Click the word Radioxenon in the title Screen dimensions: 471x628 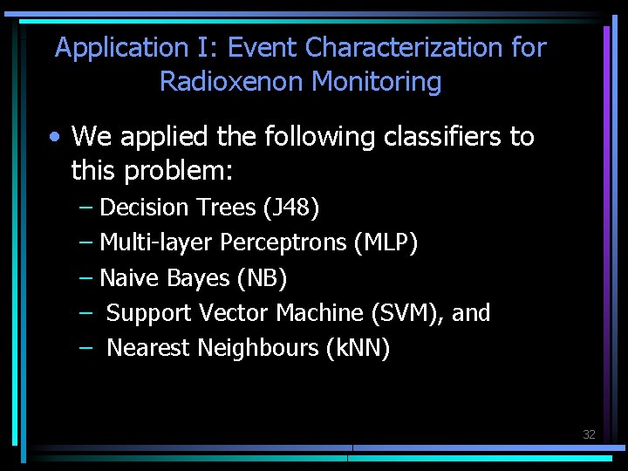(x=232, y=82)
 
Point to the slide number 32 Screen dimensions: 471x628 (x=589, y=434)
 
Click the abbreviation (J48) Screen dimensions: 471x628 (x=290, y=208)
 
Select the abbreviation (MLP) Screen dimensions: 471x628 (x=386, y=242)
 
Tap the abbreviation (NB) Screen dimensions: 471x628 (x=262, y=278)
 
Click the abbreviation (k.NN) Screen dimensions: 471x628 (x=358, y=348)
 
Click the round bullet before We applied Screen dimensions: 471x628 (x=56, y=137)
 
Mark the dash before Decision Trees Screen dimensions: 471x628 (x=85, y=208)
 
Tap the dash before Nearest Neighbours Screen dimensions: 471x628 (x=85, y=348)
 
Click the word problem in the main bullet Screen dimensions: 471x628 (x=178, y=171)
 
